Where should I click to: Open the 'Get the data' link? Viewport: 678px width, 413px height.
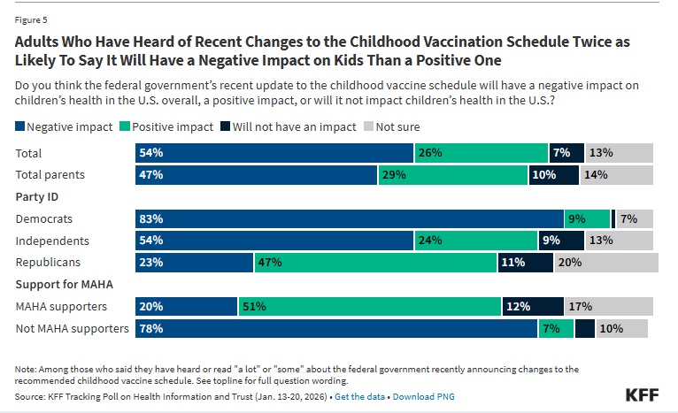click(359, 397)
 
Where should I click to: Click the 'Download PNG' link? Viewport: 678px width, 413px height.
click(423, 397)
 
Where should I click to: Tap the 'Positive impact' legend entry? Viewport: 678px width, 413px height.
click(169, 126)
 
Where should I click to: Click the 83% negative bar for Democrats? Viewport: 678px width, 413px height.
click(350, 219)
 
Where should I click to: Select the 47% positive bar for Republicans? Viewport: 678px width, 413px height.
click(375, 263)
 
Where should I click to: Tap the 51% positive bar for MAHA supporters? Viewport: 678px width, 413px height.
click(369, 306)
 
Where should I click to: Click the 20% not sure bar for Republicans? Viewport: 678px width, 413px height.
click(606, 263)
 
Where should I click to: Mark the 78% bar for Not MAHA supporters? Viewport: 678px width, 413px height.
click(336, 328)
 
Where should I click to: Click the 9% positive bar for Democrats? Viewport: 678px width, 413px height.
click(587, 219)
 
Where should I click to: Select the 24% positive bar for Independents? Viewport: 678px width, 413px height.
click(476, 241)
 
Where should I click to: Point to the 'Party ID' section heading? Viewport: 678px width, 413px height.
click(37, 197)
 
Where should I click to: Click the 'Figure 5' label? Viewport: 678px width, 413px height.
click(30, 15)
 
